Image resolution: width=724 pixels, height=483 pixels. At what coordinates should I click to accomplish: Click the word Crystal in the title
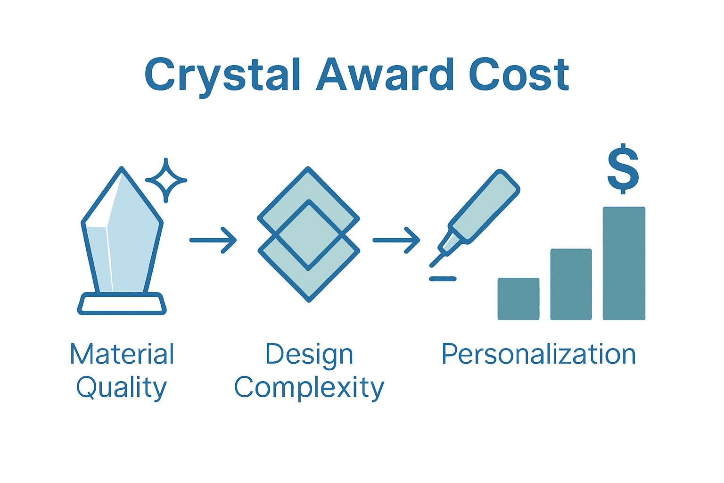222,75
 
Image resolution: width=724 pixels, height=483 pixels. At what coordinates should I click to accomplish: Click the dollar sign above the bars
623,169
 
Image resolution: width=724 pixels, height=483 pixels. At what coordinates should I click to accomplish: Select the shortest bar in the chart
518,299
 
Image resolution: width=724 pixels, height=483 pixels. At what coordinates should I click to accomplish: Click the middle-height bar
571,284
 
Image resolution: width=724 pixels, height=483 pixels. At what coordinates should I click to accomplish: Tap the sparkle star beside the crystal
166,180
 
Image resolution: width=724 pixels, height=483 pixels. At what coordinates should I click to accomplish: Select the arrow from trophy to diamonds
213,240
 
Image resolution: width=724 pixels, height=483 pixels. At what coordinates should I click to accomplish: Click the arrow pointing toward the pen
396,240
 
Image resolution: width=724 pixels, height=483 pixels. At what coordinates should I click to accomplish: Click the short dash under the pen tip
443,279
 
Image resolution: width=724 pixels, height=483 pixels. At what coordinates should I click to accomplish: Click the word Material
122,354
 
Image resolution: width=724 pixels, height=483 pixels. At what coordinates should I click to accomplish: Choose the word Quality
122,388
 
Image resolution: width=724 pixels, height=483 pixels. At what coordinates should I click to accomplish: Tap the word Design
309,354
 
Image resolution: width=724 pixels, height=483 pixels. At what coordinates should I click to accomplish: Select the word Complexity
309,388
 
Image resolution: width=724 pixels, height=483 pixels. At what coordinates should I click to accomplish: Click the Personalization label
539,354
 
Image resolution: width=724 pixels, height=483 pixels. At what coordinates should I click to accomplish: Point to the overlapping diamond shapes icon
309,234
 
